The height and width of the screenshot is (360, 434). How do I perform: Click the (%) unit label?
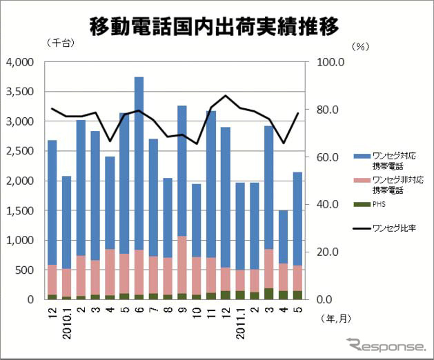click(361, 47)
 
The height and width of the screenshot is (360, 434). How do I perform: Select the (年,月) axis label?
click(336, 319)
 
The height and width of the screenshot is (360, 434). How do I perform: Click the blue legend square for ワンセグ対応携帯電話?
click(359, 157)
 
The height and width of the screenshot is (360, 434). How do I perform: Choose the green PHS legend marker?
click(359, 203)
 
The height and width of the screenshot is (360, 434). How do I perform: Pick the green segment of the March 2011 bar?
click(268, 294)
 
